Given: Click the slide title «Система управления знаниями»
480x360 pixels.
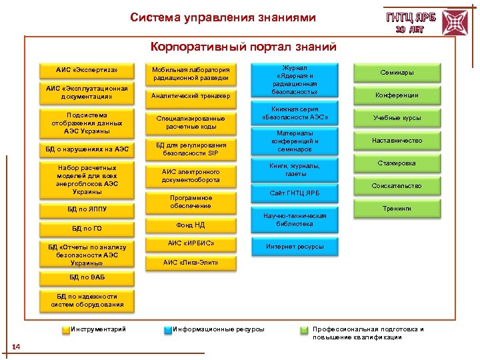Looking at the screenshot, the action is [x=223, y=17].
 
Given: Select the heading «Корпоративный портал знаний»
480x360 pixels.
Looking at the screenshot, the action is [x=243, y=47].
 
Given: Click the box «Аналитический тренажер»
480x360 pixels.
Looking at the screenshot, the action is [x=191, y=97].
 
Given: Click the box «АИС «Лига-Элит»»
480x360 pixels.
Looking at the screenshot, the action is [x=191, y=263].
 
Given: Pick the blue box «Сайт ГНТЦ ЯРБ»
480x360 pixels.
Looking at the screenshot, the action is [x=295, y=193].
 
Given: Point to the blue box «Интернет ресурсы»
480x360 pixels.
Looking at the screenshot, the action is [x=295, y=247].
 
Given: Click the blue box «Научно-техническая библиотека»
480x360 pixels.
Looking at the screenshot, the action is [x=295, y=220].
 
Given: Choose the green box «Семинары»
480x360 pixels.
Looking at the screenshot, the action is [x=397, y=72].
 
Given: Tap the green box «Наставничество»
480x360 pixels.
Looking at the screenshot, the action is [x=397, y=141].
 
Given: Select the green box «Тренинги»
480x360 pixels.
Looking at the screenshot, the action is [x=397, y=209].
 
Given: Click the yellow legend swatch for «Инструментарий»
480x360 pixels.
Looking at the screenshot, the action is [x=65, y=329].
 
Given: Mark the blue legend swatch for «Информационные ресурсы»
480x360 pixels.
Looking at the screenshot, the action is [x=168, y=329].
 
